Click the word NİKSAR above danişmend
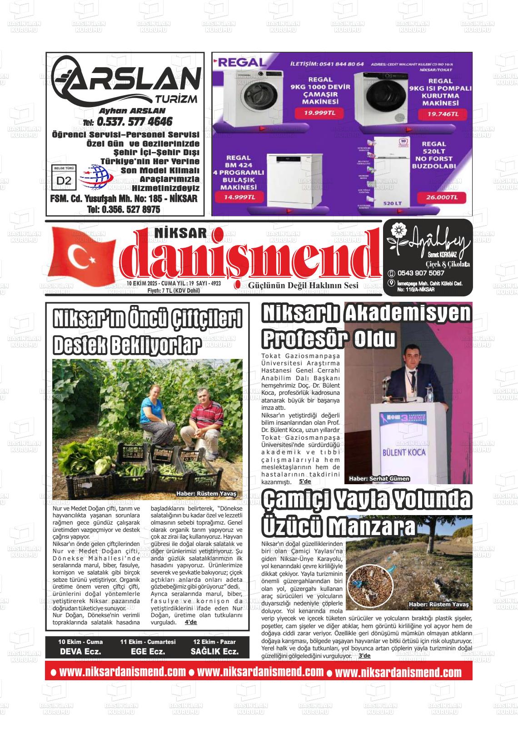181,233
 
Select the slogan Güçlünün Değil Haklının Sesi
303,285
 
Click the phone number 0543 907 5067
420,273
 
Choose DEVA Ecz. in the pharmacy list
80,651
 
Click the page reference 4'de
191,622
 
